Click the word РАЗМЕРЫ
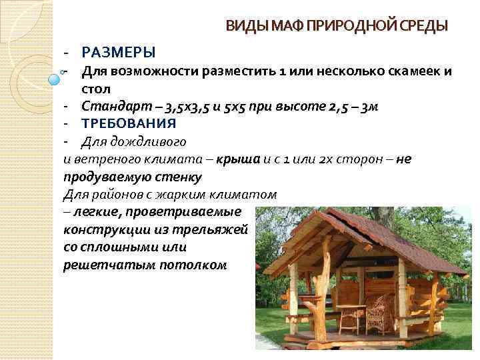118,52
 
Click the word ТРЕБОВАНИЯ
129,123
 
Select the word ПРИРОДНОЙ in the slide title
344,26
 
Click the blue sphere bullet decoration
55,79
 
